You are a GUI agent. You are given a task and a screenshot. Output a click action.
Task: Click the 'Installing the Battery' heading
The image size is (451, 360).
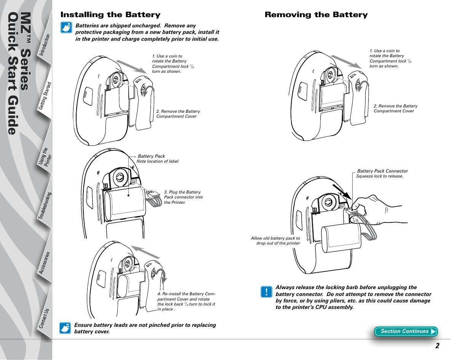point(110,15)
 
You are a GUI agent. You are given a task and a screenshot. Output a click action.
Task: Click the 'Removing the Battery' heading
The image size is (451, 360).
point(316,15)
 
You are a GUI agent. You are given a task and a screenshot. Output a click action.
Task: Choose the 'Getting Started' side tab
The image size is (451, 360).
point(45,97)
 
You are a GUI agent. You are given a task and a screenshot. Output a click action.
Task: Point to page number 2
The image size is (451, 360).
point(438,346)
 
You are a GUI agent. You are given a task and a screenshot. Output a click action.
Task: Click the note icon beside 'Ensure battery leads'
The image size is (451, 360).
point(66,328)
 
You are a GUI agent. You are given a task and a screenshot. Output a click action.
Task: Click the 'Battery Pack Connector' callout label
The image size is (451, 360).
point(382,171)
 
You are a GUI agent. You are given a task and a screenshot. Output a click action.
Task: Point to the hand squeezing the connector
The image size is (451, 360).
point(377,210)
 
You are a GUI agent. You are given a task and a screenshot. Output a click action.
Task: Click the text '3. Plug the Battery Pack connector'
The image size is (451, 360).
point(183,197)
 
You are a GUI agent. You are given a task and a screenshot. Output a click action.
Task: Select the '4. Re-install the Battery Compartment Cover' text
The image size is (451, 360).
point(186,301)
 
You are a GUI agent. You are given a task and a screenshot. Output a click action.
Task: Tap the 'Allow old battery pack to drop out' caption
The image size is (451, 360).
point(275,241)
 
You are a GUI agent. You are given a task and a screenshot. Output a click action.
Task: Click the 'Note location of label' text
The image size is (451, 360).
point(157,162)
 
